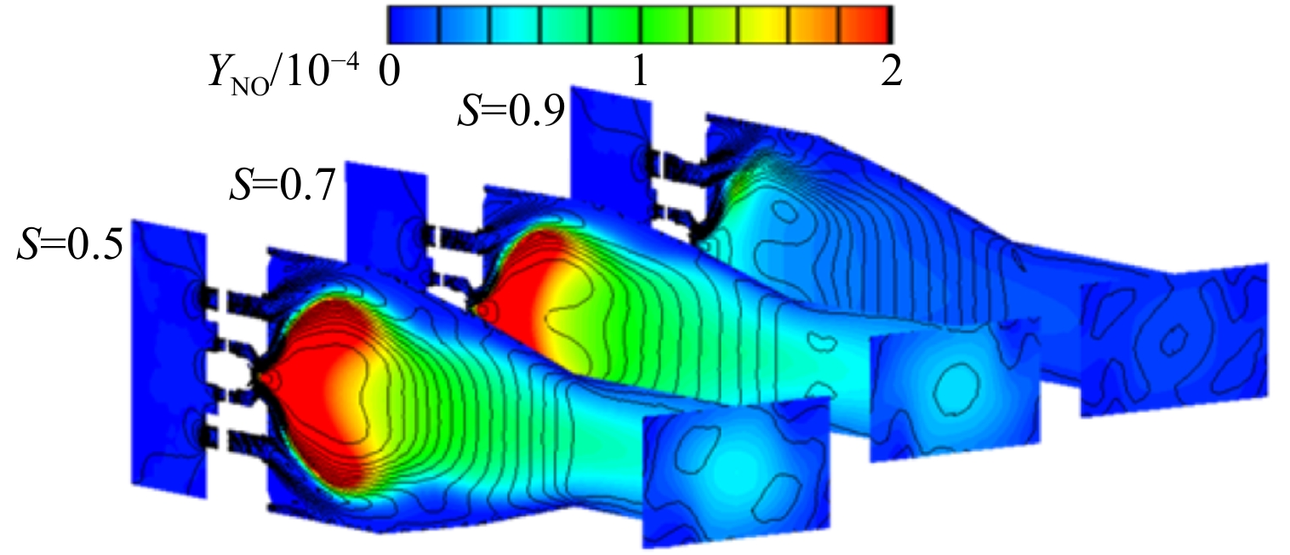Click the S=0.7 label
(283, 185)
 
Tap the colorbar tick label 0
(390, 72)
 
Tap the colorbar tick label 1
(640, 72)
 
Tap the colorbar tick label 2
(892, 72)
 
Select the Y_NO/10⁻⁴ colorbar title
(284, 74)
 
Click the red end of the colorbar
(867, 25)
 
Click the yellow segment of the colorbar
(763, 25)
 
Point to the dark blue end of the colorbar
(414, 25)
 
